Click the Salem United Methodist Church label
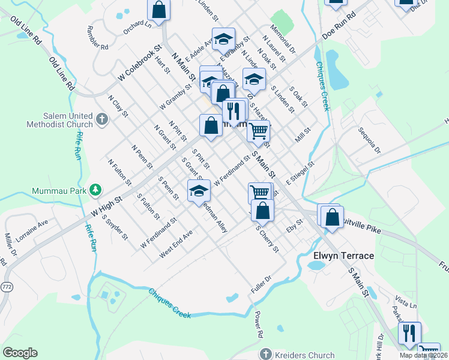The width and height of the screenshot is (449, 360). pyautogui.click(x=59, y=121)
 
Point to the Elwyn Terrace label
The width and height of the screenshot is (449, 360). pyautogui.click(x=344, y=256)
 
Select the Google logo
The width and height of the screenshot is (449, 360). pyautogui.click(x=20, y=353)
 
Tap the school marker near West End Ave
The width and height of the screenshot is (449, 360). pyautogui.click(x=199, y=191)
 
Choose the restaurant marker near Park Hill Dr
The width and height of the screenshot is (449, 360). pyautogui.click(x=409, y=332)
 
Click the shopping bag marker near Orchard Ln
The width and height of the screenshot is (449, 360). pyautogui.click(x=158, y=9)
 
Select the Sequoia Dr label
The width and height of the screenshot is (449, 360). pyautogui.click(x=369, y=139)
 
